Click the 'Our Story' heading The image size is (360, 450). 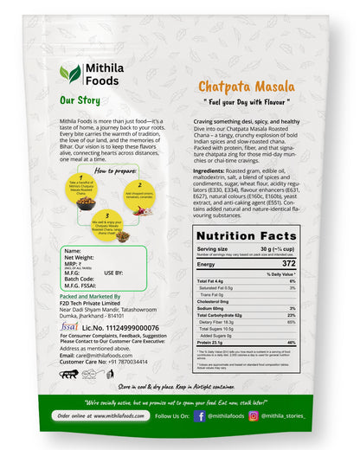pyautogui.click(x=79, y=100)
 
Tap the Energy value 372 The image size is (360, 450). pyautogui.click(x=289, y=263)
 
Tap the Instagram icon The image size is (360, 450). pyautogui.click(x=254, y=415)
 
